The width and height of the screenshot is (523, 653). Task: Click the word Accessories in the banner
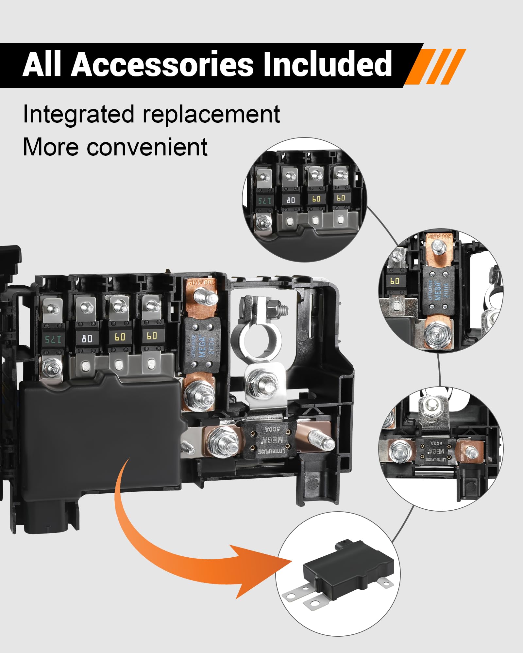tap(162, 64)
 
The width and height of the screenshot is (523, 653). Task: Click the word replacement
tap(211, 115)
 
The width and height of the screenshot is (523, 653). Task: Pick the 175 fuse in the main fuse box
tap(53, 339)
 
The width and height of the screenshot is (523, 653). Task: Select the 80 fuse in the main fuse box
tap(87, 338)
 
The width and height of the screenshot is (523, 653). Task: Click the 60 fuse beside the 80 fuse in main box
tap(120, 337)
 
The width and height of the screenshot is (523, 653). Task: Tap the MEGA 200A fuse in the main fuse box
tap(202, 345)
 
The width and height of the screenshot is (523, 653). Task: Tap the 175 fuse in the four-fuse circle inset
tap(264, 200)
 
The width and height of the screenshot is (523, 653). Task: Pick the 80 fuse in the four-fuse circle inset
tap(291, 200)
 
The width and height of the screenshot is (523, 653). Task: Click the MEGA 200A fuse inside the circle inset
tap(438, 291)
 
